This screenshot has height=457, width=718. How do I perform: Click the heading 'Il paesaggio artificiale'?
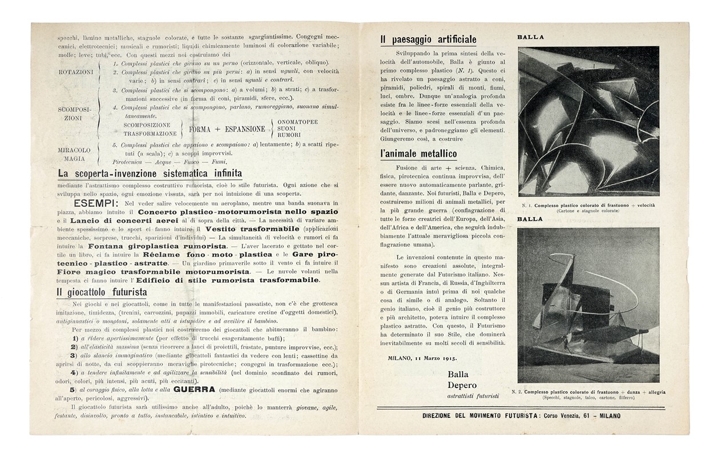coord(428,39)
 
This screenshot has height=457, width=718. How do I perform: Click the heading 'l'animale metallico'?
coord(418,154)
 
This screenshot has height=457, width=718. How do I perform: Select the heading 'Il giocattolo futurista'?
coord(102,292)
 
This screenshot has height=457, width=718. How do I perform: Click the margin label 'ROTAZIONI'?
coord(75,73)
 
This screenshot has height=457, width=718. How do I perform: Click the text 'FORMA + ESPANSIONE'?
coord(227,129)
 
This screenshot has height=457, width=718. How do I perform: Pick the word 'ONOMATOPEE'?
coord(297,122)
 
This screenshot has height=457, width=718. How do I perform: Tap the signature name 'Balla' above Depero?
coord(458,374)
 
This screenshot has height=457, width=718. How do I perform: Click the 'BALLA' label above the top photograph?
coord(530,38)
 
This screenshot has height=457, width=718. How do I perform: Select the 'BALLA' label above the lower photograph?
coord(530,219)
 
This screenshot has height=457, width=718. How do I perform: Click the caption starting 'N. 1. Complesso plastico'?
coord(588,207)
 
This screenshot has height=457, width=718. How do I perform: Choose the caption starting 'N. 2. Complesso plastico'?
coord(588,394)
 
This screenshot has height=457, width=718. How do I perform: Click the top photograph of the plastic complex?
coord(588,121)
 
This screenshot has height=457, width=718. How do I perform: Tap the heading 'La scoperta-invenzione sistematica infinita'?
coord(149,174)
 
